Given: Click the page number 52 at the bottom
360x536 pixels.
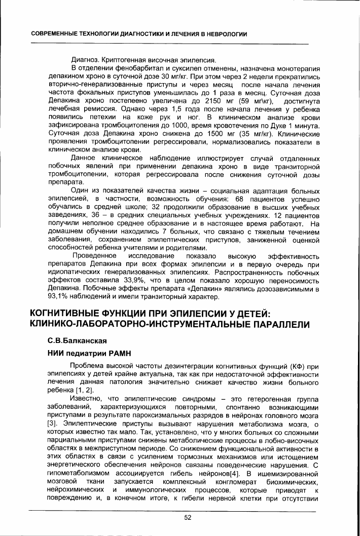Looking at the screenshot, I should pyautogui.click(x=187, y=517).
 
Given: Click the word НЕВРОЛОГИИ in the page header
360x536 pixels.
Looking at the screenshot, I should pyautogui.click(x=224, y=34).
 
